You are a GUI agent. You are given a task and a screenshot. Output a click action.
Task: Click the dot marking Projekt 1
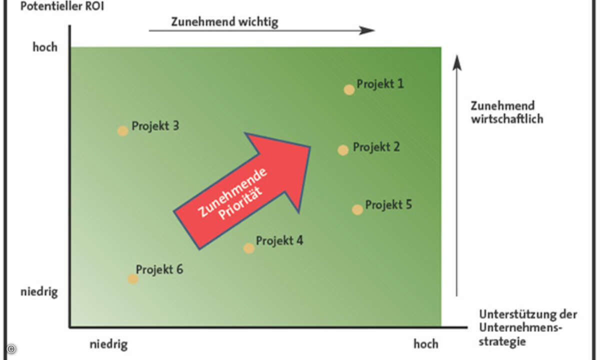pyautogui.click(x=349, y=89)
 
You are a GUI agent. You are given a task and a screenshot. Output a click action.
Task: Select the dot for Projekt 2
pyautogui.click(x=342, y=150)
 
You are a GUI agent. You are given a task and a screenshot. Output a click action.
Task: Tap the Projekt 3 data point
pyautogui.click(x=122, y=131)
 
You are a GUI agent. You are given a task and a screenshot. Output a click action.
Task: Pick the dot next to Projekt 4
pyautogui.click(x=248, y=248)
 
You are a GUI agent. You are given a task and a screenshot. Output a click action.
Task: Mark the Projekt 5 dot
pyautogui.click(x=357, y=209)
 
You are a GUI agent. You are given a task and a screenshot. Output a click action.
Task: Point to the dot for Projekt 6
pyautogui.click(x=132, y=278)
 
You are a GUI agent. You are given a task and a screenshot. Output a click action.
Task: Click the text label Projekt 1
pyautogui.click(x=380, y=83)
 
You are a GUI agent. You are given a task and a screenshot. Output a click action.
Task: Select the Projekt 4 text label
pyautogui.click(x=279, y=240)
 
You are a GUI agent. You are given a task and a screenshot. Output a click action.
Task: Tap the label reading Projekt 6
pyautogui.click(x=159, y=269)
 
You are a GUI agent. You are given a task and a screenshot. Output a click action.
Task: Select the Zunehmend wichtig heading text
pyautogui.click(x=224, y=22)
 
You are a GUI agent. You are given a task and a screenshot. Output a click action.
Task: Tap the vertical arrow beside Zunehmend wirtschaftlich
pyautogui.click(x=456, y=175)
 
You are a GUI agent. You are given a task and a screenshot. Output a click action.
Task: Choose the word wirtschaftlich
pyautogui.click(x=506, y=119)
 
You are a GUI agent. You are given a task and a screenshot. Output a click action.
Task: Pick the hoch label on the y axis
pyautogui.click(x=45, y=47)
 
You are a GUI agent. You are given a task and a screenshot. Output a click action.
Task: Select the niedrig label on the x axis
pyautogui.click(x=108, y=344)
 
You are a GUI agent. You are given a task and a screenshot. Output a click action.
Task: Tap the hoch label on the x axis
pyautogui.click(x=425, y=344)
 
